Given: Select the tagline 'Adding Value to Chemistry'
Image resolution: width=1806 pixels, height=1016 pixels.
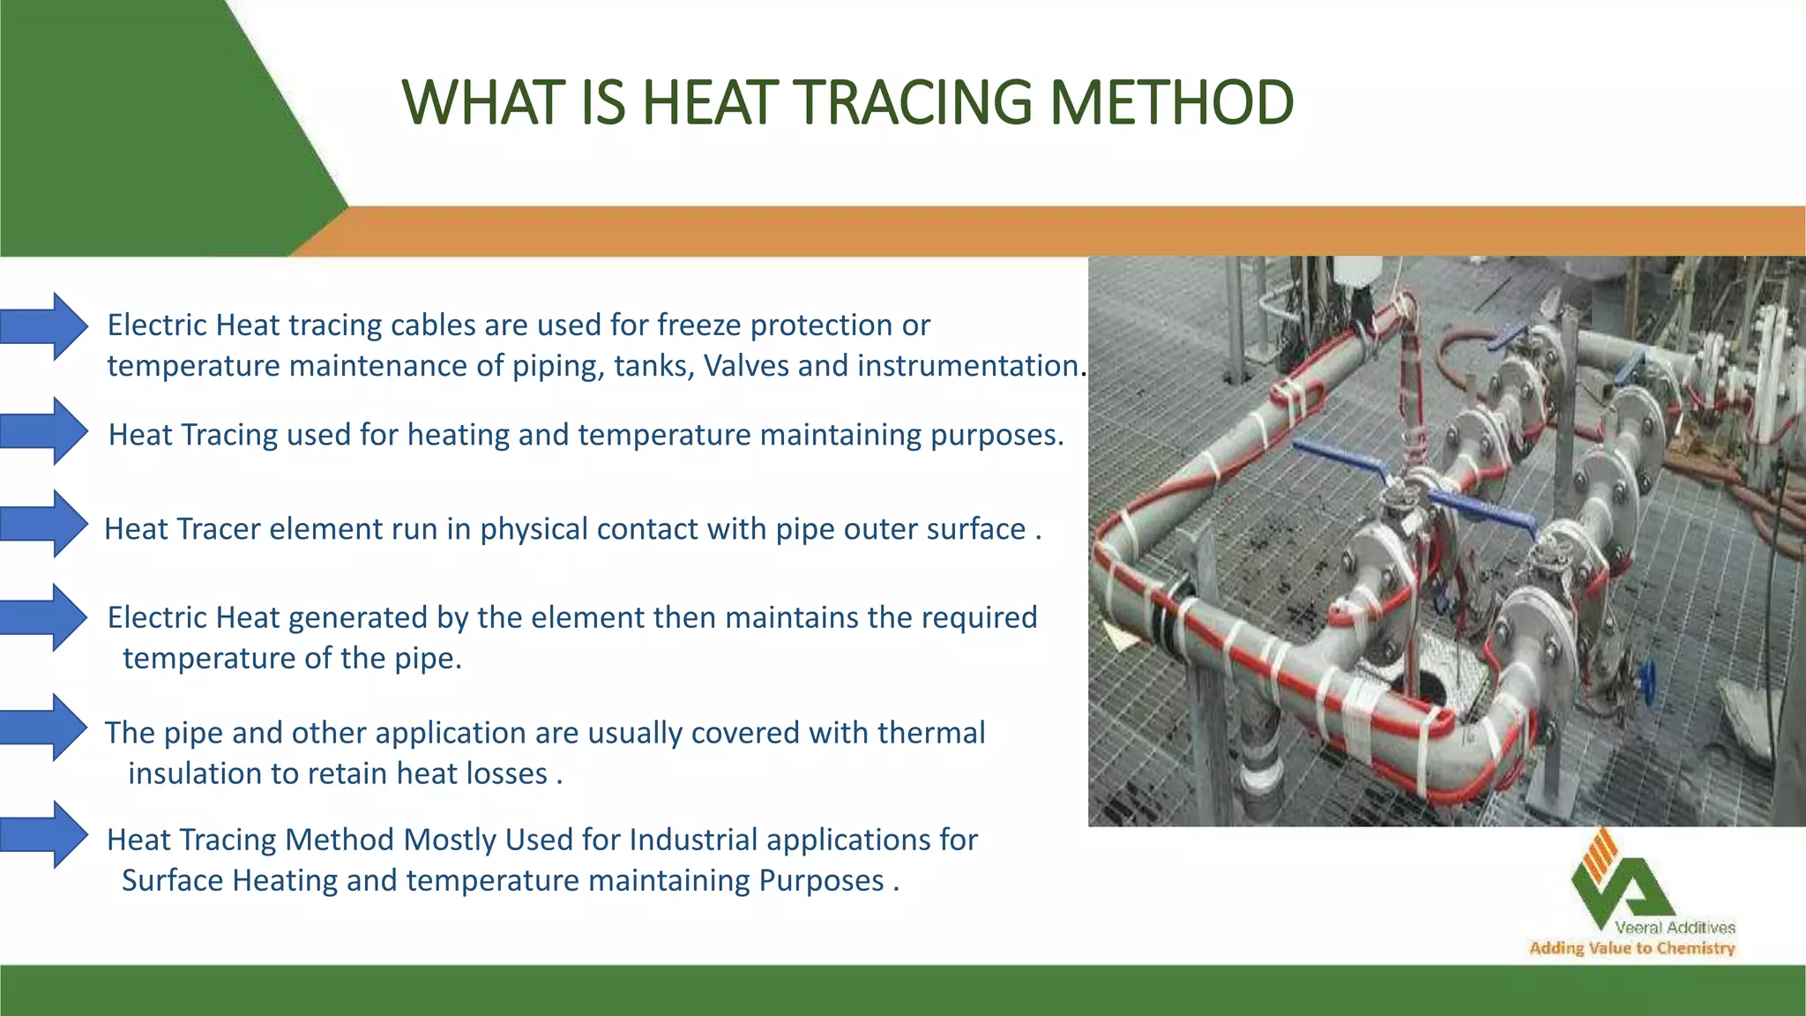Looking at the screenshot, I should [x=1631, y=948].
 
